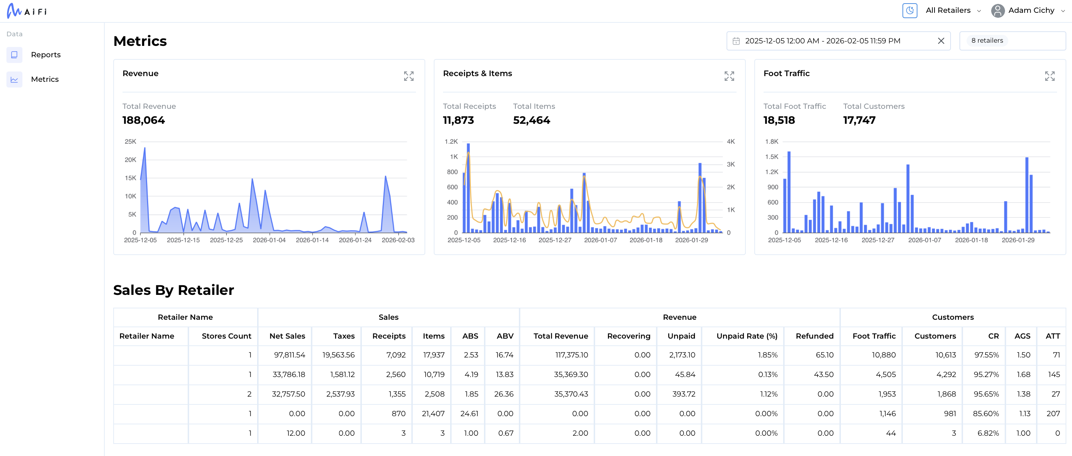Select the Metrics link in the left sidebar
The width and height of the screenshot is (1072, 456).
pos(45,79)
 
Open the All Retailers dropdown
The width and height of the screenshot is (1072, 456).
pos(953,10)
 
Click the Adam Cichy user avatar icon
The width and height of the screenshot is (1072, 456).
pos(998,10)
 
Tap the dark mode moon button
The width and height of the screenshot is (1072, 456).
pos(909,10)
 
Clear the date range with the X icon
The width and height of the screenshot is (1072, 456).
pos(941,41)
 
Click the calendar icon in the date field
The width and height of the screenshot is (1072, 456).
pos(736,41)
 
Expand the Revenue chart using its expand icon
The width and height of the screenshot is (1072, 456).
pos(408,76)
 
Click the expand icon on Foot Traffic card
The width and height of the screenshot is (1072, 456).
pos(1049,76)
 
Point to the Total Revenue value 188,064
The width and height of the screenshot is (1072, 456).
pos(144,120)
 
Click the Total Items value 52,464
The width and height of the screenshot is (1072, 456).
pos(531,120)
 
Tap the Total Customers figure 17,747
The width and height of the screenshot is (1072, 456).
pos(859,120)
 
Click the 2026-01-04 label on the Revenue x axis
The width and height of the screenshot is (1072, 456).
pos(269,240)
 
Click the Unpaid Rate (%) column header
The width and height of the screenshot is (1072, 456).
pos(746,336)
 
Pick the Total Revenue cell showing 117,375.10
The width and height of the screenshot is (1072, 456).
pos(571,355)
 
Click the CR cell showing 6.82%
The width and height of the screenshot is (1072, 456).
pos(988,433)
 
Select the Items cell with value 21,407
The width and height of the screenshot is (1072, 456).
pos(433,414)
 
